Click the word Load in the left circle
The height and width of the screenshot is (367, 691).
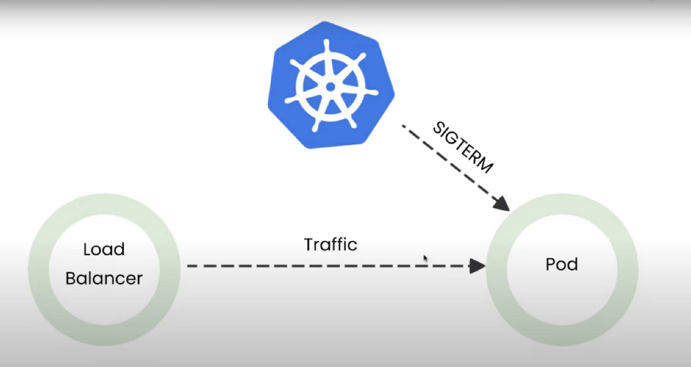[104, 249]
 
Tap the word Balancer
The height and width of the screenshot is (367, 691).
[104, 278]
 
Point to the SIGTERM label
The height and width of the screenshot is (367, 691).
[463, 148]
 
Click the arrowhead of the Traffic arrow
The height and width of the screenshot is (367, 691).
[477, 266]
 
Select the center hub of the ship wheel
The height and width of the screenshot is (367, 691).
[331, 87]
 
